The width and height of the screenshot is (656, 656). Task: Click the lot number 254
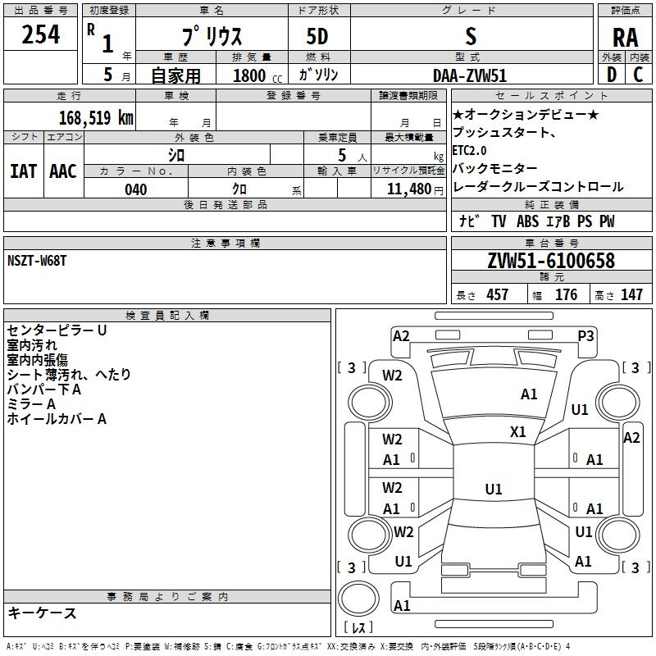click(x=40, y=34)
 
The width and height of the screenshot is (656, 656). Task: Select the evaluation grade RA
click(x=625, y=38)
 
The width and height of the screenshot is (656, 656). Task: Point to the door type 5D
click(x=317, y=37)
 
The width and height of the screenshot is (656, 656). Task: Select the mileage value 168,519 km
click(x=95, y=117)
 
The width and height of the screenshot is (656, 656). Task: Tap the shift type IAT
click(x=23, y=171)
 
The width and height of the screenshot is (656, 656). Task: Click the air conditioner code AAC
click(x=62, y=171)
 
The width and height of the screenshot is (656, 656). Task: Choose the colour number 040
click(x=135, y=189)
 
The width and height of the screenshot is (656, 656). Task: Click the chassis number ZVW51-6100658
click(x=550, y=262)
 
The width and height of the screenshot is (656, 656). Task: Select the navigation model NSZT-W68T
click(x=37, y=261)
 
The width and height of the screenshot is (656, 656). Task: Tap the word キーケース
click(x=42, y=613)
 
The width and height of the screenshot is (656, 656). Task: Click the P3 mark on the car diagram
click(x=585, y=335)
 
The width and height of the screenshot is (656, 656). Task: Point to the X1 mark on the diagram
click(x=517, y=431)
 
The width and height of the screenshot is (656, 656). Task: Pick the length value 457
click(x=497, y=294)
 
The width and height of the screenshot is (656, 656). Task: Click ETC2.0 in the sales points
click(x=469, y=151)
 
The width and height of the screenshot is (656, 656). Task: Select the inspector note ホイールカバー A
click(x=57, y=419)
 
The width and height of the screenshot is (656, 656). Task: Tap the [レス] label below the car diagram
click(x=358, y=629)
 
